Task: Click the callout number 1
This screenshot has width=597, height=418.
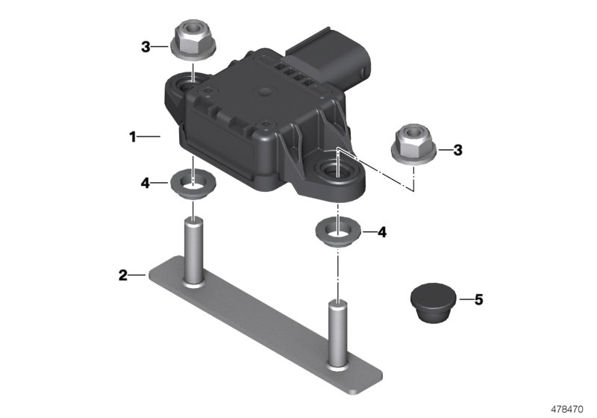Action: click(132, 137)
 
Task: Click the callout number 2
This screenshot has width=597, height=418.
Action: click(122, 275)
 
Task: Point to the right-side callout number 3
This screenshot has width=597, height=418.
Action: click(458, 150)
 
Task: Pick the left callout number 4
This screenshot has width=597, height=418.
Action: click(146, 181)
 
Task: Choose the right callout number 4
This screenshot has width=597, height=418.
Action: click(382, 232)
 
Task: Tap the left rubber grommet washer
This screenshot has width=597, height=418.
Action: click(193, 184)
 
